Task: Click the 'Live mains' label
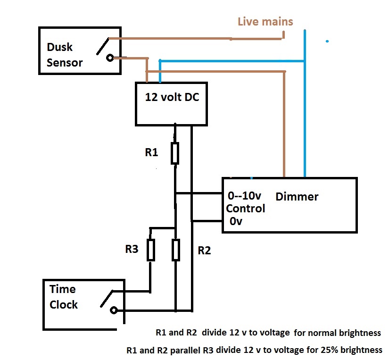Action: pyautogui.click(x=265, y=22)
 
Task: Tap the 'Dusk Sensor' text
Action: pyautogui.click(x=65, y=55)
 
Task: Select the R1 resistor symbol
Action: pyautogui.click(x=175, y=153)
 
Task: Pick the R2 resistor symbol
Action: pyautogui.click(x=175, y=250)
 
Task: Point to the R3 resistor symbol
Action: pyautogui.click(x=150, y=250)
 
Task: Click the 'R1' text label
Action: pyautogui.click(x=151, y=152)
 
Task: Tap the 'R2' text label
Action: pyautogui.click(x=204, y=251)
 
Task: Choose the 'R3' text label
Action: pyautogui.click(x=132, y=249)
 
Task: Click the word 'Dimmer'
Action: pyautogui.click(x=297, y=196)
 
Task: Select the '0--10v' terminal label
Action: pyautogui.click(x=245, y=196)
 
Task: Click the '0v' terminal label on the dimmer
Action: pyautogui.click(x=236, y=220)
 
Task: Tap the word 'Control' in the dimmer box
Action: pyautogui.click(x=246, y=208)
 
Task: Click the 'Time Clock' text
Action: pyautogui.click(x=64, y=297)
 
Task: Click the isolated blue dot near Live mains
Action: pyautogui.click(x=327, y=42)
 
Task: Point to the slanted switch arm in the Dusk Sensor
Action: pyautogui.click(x=102, y=45)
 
